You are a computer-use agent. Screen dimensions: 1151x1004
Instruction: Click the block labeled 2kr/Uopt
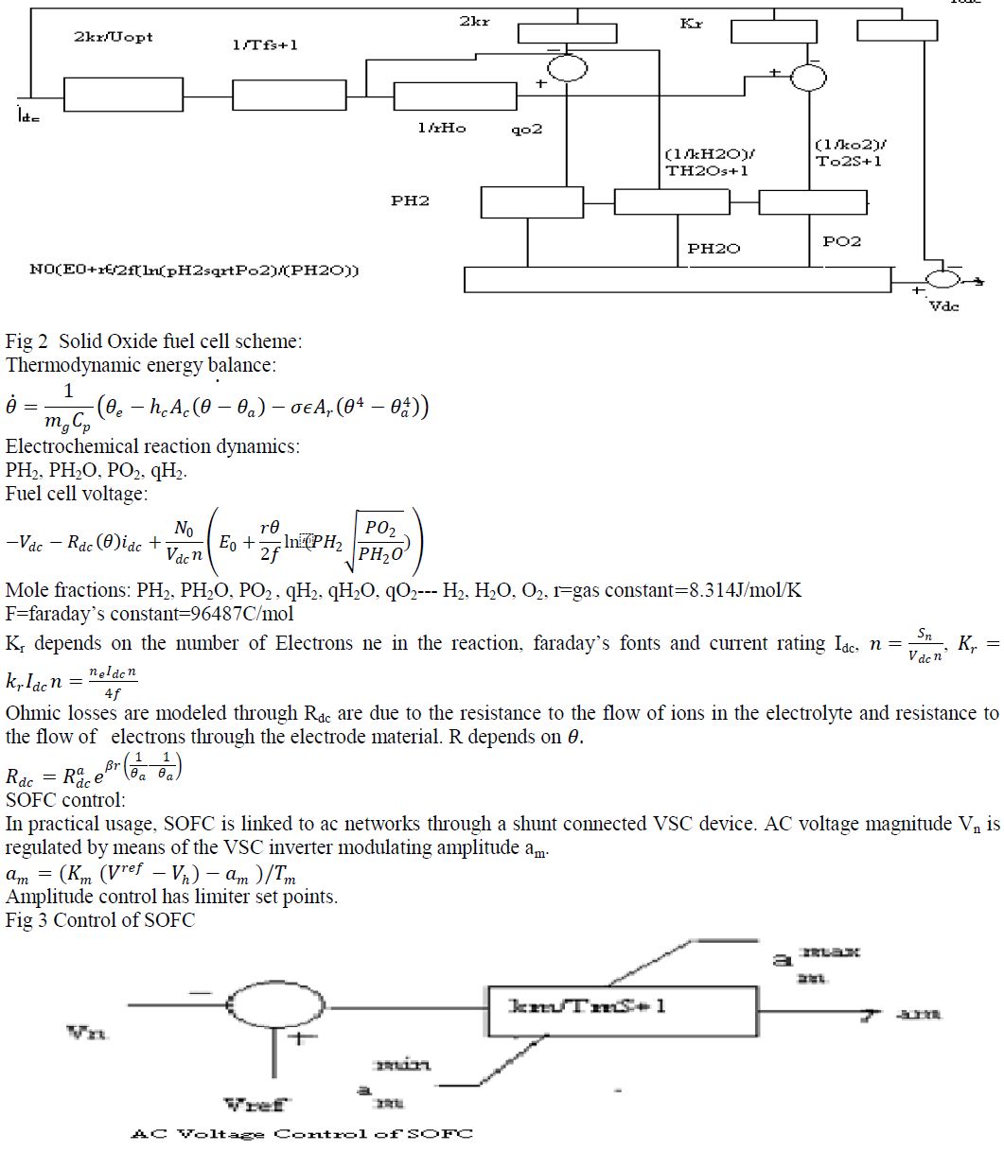coord(123,95)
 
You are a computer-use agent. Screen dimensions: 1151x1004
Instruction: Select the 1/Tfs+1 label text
coord(265,44)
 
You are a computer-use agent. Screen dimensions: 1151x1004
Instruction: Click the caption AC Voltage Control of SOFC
coord(301,1133)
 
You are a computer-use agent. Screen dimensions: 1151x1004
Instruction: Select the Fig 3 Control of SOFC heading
coord(99,920)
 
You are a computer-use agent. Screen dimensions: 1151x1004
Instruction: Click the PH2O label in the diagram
coord(713,249)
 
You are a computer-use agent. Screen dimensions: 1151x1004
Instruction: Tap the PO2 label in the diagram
coord(841,242)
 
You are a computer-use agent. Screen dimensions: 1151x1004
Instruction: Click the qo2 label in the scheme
coord(526,129)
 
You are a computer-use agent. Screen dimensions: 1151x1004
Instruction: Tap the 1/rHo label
coord(441,128)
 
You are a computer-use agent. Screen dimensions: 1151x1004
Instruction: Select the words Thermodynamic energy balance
coord(140,365)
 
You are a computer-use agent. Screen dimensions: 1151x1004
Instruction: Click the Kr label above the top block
coord(692,22)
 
